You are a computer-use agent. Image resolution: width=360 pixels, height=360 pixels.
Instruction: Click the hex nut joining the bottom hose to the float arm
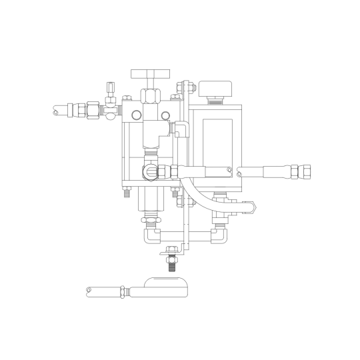[123, 291]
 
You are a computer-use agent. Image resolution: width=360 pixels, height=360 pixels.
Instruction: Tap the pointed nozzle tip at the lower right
[253, 207]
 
